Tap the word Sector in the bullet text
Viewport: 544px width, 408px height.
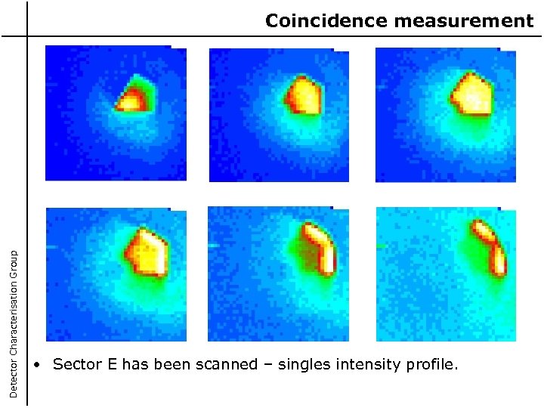coord(76,365)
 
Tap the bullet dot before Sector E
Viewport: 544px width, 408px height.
coord(38,366)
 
